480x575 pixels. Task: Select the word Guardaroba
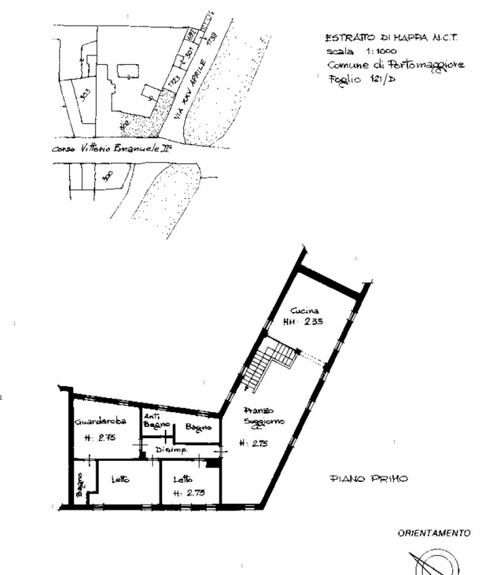(101, 423)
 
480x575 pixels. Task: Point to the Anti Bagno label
(153, 421)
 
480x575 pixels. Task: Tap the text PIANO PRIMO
(369, 478)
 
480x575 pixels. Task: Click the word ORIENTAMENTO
(434, 533)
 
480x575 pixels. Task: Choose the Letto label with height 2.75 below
(181, 479)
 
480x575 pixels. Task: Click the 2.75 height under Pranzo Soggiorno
(253, 442)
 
